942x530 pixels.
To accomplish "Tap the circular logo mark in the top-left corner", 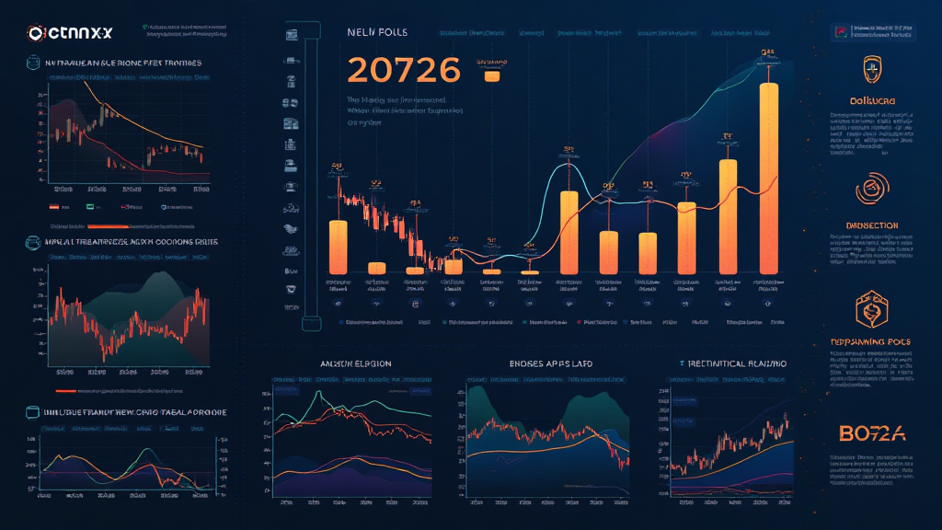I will pyautogui.click(x=37, y=32).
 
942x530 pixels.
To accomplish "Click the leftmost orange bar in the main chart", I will pyautogui.click(x=338, y=246).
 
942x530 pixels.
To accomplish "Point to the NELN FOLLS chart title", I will pyautogui.click(x=377, y=32).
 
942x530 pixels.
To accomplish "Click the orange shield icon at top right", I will pyautogui.click(x=869, y=69).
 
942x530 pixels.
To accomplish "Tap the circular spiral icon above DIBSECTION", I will pyautogui.click(x=869, y=190).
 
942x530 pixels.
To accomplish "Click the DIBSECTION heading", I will pyautogui.click(x=869, y=225).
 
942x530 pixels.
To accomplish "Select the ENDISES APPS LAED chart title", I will pyautogui.click(x=550, y=363).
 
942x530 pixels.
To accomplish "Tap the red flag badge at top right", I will pyautogui.click(x=843, y=33).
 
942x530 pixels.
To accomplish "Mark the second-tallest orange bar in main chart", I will pyautogui.click(x=728, y=216).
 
